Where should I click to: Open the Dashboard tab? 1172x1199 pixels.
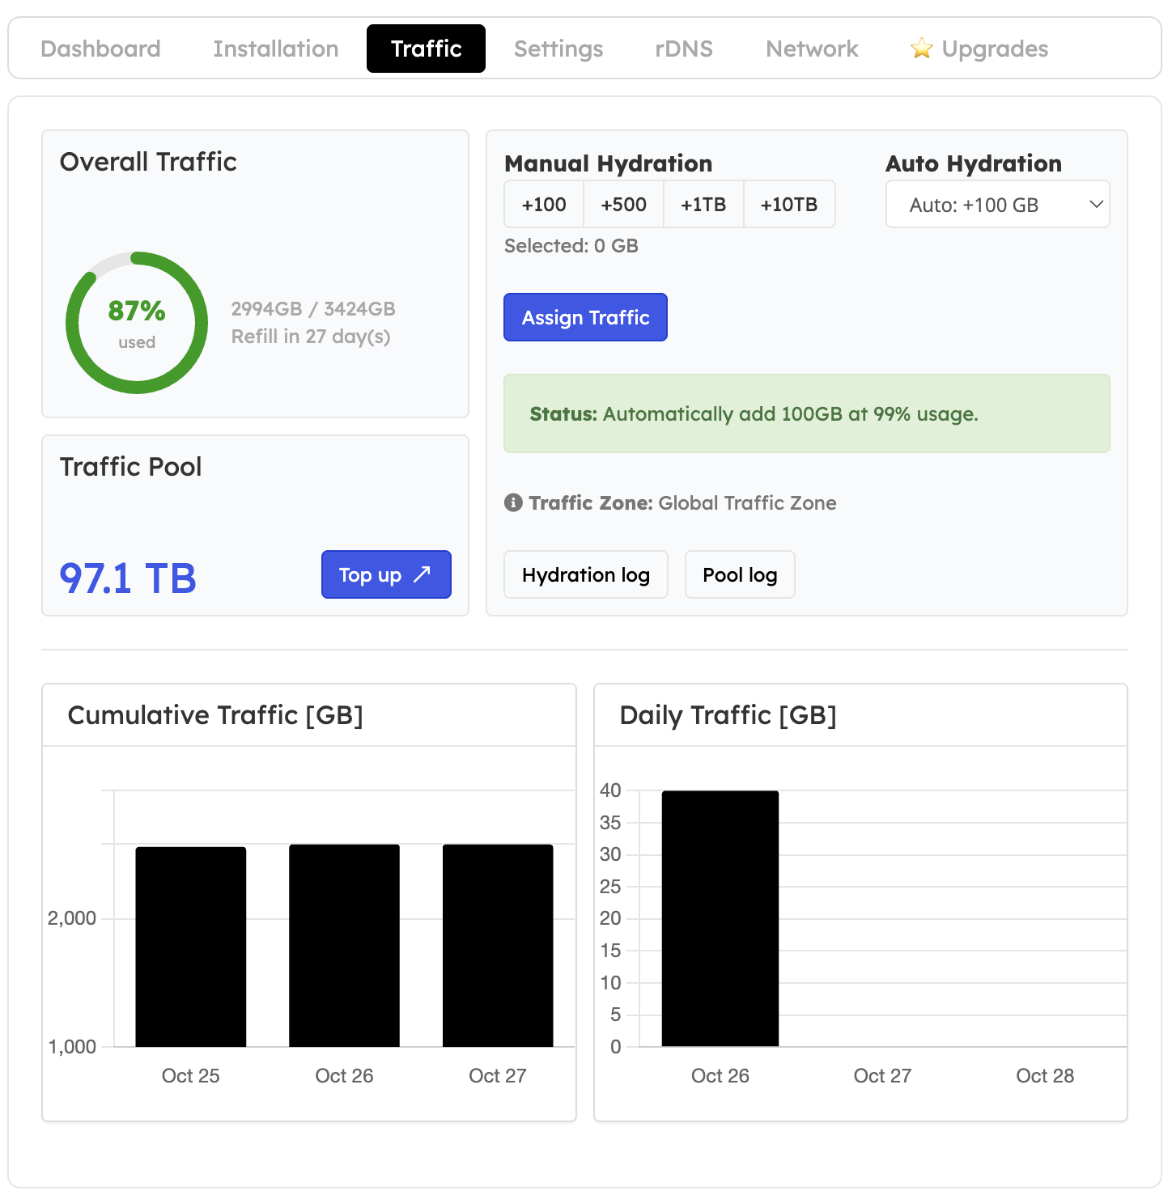(x=100, y=49)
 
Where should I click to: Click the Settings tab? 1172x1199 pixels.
(x=558, y=49)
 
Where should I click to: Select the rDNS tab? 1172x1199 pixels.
(x=684, y=49)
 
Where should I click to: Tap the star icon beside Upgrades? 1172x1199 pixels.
(x=921, y=49)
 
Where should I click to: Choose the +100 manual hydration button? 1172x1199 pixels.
(x=544, y=205)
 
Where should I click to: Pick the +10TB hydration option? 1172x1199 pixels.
(x=789, y=205)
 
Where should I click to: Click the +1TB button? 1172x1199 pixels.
(x=703, y=205)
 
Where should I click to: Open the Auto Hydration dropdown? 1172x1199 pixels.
(x=997, y=205)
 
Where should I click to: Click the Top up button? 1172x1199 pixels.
(x=386, y=575)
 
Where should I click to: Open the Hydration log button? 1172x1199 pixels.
(x=586, y=575)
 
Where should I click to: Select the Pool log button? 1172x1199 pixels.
(x=740, y=575)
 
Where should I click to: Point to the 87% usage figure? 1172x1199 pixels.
(x=137, y=311)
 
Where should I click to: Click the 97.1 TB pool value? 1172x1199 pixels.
(x=128, y=578)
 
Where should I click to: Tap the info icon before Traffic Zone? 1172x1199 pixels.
(x=513, y=502)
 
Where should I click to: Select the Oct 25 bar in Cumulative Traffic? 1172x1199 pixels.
(x=191, y=947)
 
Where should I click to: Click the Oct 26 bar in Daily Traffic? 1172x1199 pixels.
(x=720, y=918)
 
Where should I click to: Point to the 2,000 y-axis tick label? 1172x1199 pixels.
(x=72, y=918)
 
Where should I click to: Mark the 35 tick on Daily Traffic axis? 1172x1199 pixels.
(x=610, y=823)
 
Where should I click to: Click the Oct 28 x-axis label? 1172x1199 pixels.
(x=1045, y=1076)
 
